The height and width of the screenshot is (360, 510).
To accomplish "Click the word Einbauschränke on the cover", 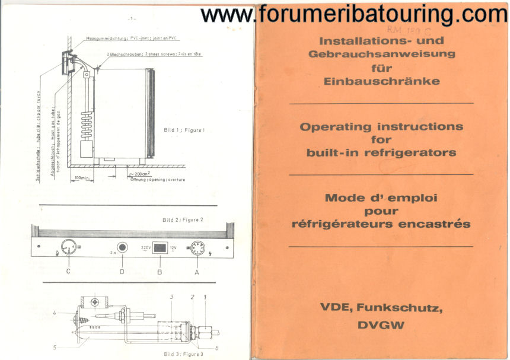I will [381, 81].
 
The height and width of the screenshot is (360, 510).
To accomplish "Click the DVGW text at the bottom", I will [381, 325].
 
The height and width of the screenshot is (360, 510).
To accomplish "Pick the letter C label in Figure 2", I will [68, 271].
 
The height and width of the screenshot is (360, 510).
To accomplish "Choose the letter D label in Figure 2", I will [122, 271].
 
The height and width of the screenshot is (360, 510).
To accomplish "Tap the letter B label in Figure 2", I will [158, 271].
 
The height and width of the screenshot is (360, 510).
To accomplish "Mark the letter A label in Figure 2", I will [196, 271].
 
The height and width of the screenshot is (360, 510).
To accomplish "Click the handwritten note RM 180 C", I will [400, 28].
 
